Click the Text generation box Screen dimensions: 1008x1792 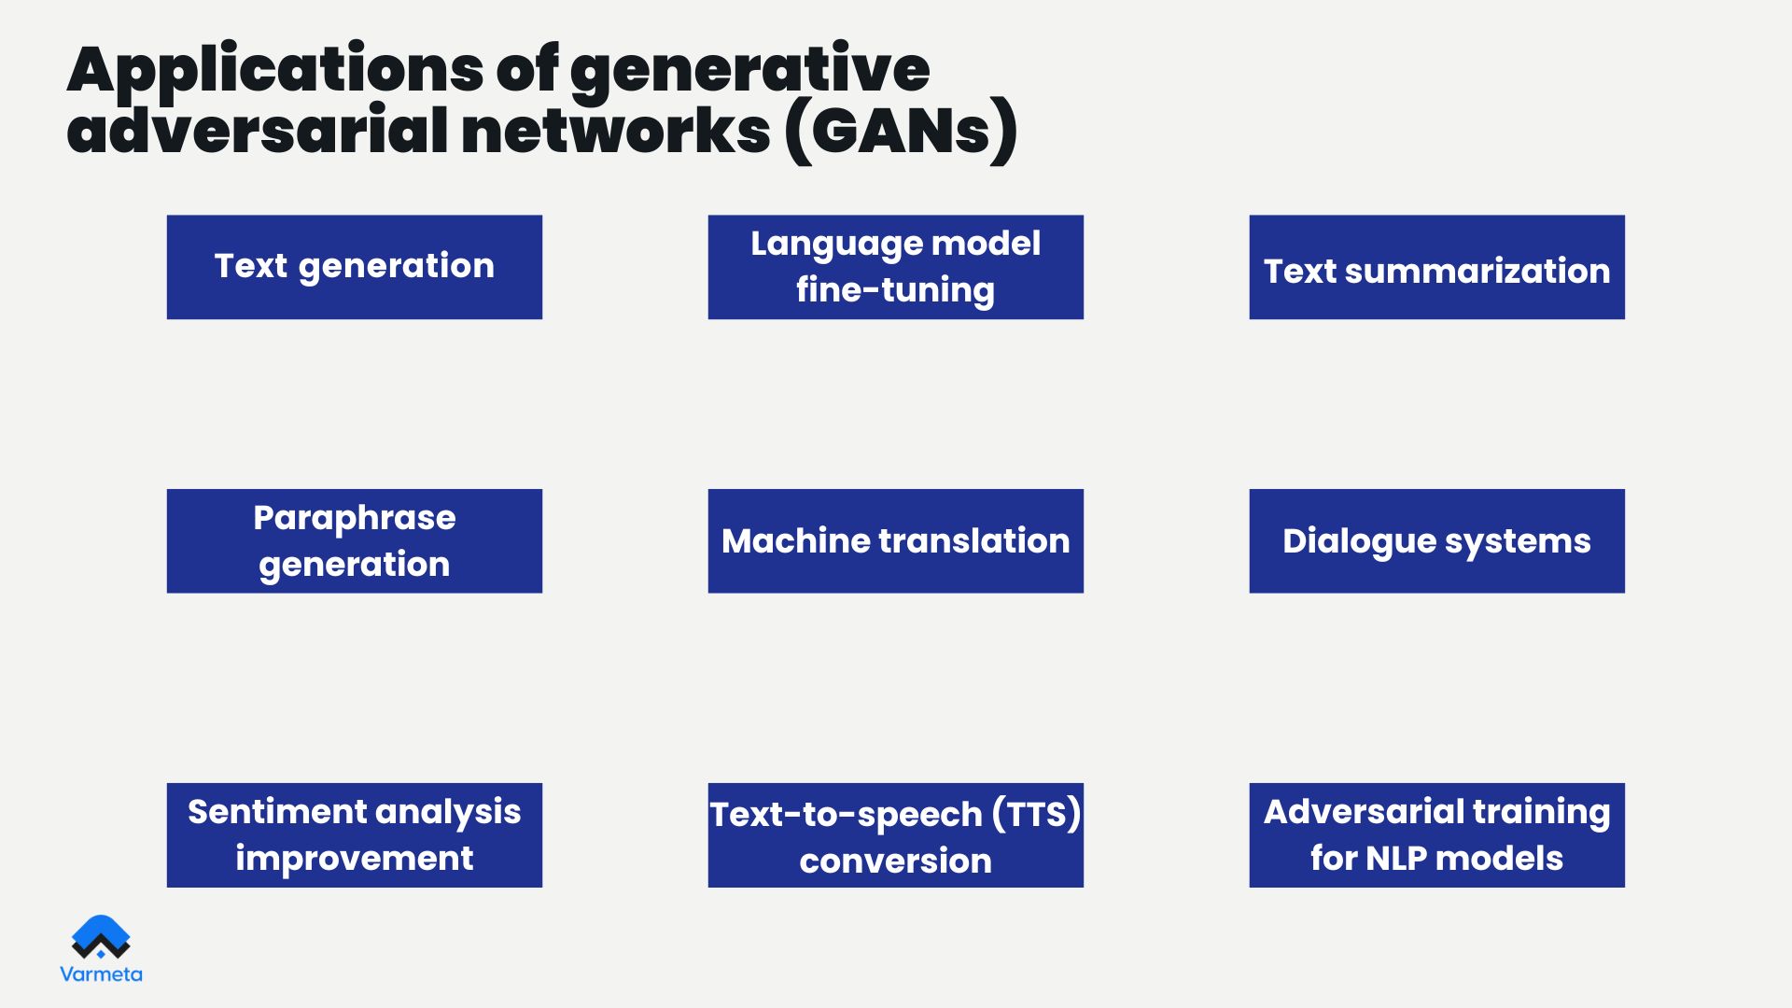pyautogui.click(x=355, y=267)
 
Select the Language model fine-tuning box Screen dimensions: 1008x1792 pyautogui.click(x=896, y=267)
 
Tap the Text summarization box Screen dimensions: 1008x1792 pyautogui.click(x=1437, y=267)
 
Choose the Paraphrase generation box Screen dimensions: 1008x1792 pyautogui.click(x=355, y=541)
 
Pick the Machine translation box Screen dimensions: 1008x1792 pyautogui.click(x=896, y=541)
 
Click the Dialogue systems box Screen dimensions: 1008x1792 pyautogui.click(x=1437, y=541)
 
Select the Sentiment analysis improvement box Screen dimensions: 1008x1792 pyautogui.click(x=355, y=835)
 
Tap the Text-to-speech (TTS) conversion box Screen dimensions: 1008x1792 pyautogui.click(x=896, y=835)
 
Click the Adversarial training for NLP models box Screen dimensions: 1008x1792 pyautogui.click(x=1437, y=835)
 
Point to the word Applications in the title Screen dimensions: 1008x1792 pyautogui.click(x=275, y=71)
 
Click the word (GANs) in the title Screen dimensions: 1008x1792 pyautogui.click(x=902, y=131)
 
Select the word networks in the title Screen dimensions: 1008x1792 pyautogui.click(x=616, y=131)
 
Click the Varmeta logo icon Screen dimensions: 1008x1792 pyautogui.click(x=101, y=937)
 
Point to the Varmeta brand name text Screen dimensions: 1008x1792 pyautogui.click(x=101, y=974)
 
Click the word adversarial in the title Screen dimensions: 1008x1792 pyautogui.click(x=258, y=131)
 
